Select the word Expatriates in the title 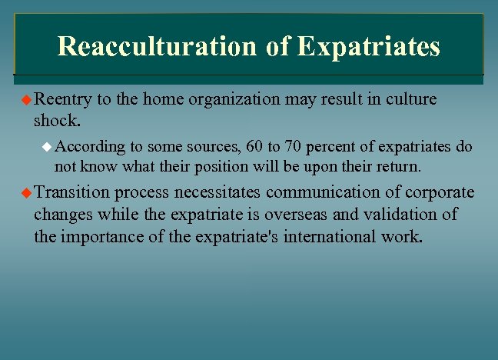(x=368, y=46)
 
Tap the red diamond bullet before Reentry (x=26, y=100)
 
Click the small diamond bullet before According (x=46, y=145)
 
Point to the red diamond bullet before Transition (x=26, y=192)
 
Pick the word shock (x=56, y=121)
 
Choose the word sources (x=211, y=146)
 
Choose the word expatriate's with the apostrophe (x=234, y=235)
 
